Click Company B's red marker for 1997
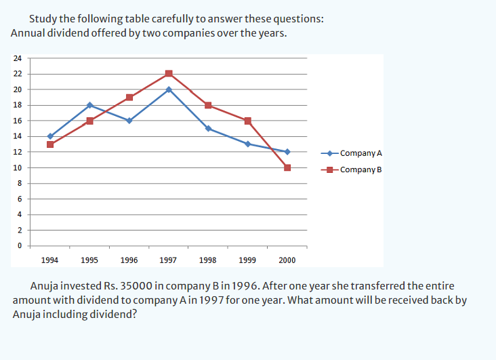[x=169, y=73]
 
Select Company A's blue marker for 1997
[x=169, y=89]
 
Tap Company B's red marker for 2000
[x=287, y=167]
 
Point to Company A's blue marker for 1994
[x=50, y=136]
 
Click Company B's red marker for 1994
[x=50, y=144]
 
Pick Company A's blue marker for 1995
[x=89, y=105]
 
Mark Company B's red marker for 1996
[x=129, y=97]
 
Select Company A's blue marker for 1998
[x=208, y=128]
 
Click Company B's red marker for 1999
[x=248, y=121]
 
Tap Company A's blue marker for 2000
[x=287, y=152]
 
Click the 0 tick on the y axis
[x=20, y=245]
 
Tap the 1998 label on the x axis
[x=208, y=260]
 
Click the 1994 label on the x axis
[x=50, y=260]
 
